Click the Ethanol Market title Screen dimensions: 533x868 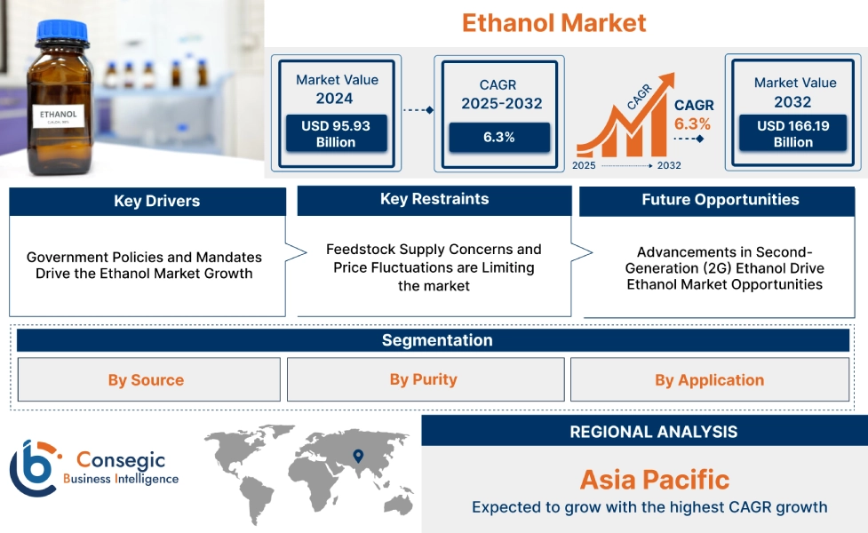[553, 22]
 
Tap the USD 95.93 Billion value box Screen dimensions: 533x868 [335, 133]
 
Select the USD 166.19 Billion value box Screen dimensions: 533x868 [792, 133]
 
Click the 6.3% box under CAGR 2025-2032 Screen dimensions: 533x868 [498, 137]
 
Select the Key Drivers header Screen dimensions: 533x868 [147, 202]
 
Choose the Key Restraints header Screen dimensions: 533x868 [434, 200]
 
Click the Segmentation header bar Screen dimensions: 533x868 [436, 340]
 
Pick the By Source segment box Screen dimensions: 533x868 [147, 380]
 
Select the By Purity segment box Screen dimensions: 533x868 [424, 379]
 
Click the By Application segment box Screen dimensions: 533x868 [709, 380]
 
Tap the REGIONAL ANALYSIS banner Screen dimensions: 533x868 [653, 432]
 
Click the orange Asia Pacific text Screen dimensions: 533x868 [654, 480]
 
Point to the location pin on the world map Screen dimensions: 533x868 [358, 457]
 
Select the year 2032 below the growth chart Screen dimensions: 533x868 [668, 165]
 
